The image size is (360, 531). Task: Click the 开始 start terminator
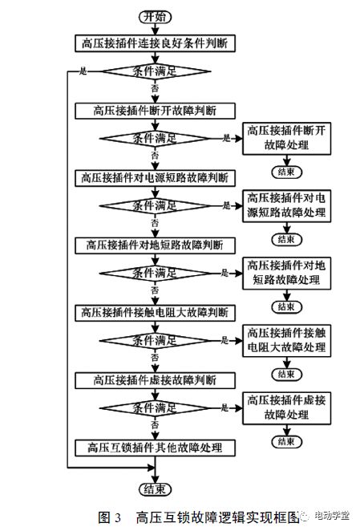155,16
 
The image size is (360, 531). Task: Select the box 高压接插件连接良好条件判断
155,43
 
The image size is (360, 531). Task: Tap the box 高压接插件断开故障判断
155,110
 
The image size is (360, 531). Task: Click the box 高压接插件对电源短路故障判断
155,176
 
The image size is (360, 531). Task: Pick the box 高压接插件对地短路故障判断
155,243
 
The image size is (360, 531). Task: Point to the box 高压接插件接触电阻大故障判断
155,310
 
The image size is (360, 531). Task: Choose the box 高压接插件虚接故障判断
155,377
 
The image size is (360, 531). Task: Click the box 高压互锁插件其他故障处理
155,446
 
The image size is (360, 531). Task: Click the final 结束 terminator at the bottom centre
155,488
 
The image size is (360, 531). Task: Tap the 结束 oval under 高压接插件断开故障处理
286,172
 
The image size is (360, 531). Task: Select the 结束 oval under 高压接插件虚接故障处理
286,440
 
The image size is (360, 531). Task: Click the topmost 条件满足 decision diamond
155,71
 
